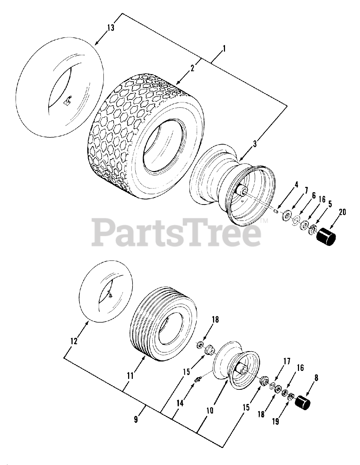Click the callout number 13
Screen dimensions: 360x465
click(111, 28)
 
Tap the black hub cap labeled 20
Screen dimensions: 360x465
click(326, 237)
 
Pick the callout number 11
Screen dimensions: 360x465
click(130, 375)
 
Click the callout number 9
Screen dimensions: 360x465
click(136, 419)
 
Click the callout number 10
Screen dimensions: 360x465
click(209, 411)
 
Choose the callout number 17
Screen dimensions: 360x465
click(287, 361)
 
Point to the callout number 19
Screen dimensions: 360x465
click(275, 422)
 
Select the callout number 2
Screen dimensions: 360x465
click(192, 68)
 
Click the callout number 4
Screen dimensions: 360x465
click(296, 185)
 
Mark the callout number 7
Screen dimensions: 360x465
click(306, 190)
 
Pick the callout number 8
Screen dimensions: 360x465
click(316, 378)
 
